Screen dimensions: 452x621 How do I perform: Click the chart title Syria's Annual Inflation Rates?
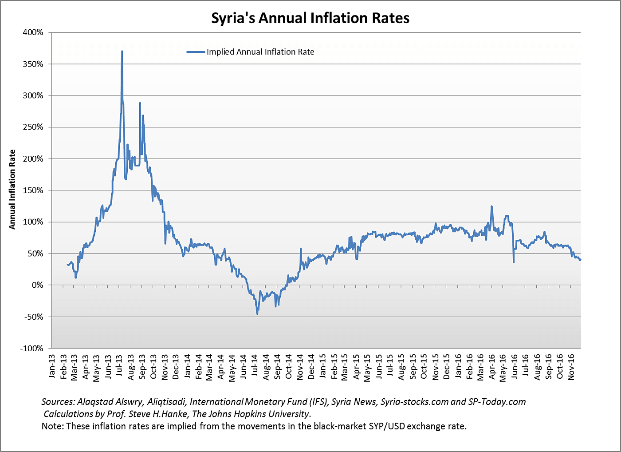click(x=310, y=18)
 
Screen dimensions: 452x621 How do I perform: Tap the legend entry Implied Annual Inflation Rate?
click(x=260, y=52)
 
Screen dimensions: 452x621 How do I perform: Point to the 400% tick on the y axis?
click(x=34, y=32)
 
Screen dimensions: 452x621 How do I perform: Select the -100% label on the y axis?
click(x=31, y=348)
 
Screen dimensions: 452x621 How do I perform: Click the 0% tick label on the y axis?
click(x=37, y=285)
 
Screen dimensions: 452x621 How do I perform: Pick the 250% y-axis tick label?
click(x=34, y=127)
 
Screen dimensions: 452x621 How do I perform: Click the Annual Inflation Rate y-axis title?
click(x=12, y=190)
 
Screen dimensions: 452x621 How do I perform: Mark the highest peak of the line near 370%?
click(x=122, y=52)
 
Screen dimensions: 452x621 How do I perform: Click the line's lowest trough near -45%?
click(x=257, y=313)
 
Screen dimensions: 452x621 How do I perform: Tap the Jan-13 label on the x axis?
click(x=52, y=367)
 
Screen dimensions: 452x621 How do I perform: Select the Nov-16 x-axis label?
click(x=571, y=367)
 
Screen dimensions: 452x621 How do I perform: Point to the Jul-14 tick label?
click(x=255, y=367)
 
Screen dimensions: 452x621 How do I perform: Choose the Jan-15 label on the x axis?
click(x=323, y=367)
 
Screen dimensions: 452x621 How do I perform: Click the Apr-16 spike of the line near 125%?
click(x=491, y=206)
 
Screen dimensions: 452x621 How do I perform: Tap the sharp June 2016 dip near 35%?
click(x=514, y=262)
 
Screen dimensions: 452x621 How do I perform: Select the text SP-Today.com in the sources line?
click(x=497, y=402)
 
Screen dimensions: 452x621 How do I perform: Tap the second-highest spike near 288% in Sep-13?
click(x=140, y=103)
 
